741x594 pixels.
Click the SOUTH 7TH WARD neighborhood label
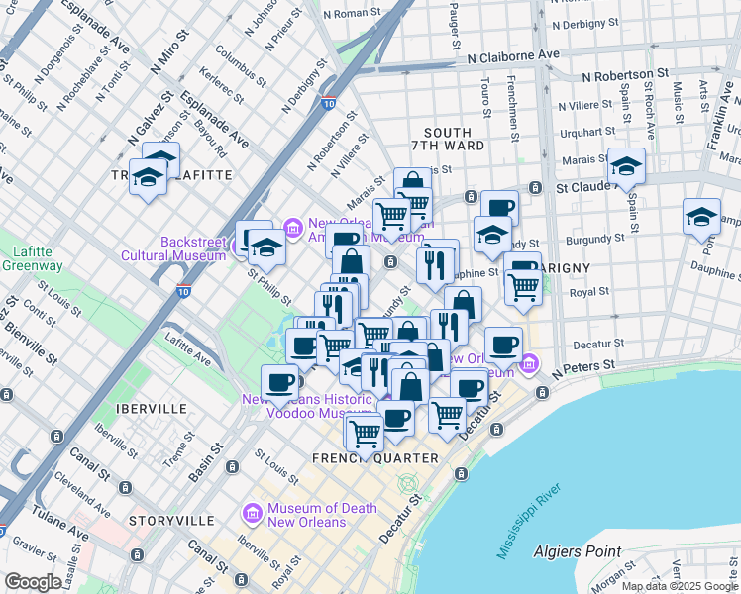(x=454, y=139)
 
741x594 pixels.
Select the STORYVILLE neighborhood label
(x=171, y=520)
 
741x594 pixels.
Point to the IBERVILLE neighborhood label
(x=151, y=408)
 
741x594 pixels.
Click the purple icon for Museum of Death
(x=252, y=515)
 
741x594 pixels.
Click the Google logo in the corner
(x=33, y=582)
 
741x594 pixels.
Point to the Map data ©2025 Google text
(x=680, y=586)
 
